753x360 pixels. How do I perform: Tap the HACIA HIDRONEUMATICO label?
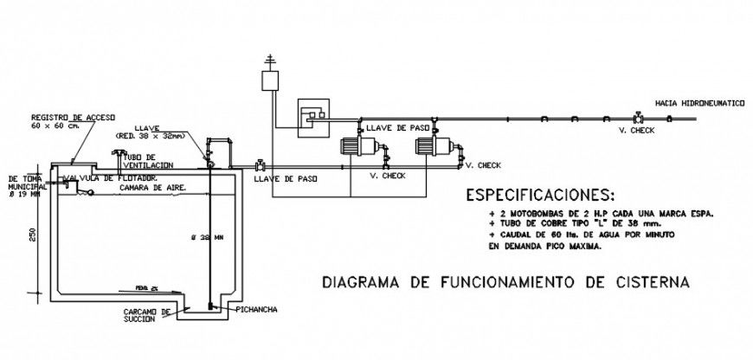coord(699,103)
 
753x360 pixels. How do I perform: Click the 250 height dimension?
coord(30,236)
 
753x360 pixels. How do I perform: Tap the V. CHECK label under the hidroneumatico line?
coord(635,131)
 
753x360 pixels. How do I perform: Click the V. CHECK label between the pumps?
coord(387,176)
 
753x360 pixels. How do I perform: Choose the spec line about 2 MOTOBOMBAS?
coord(600,212)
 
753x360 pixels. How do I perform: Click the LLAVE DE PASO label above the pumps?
coord(398,127)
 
